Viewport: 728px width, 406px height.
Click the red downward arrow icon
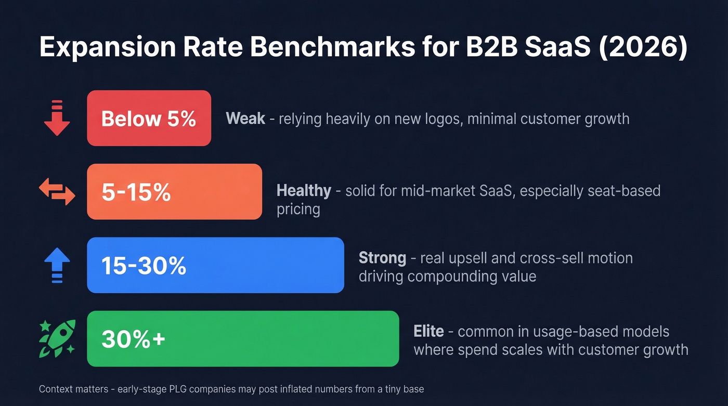click(57, 118)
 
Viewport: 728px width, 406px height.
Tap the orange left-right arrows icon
click(57, 192)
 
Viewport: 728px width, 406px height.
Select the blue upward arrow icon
click(57, 265)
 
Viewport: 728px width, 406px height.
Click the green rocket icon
click(57, 338)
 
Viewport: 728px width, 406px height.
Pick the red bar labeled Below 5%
click(149, 118)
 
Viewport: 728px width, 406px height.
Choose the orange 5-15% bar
click(174, 192)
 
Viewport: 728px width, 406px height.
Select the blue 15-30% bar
click(215, 265)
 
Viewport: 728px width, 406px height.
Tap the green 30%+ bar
click(243, 338)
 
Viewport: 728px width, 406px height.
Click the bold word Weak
click(245, 119)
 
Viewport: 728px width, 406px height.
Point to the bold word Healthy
click(304, 191)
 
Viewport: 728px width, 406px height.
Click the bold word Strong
click(382, 258)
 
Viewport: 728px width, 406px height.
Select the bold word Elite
click(428, 331)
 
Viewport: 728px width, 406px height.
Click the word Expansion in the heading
click(103, 48)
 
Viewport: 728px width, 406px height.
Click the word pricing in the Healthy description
click(298, 209)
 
